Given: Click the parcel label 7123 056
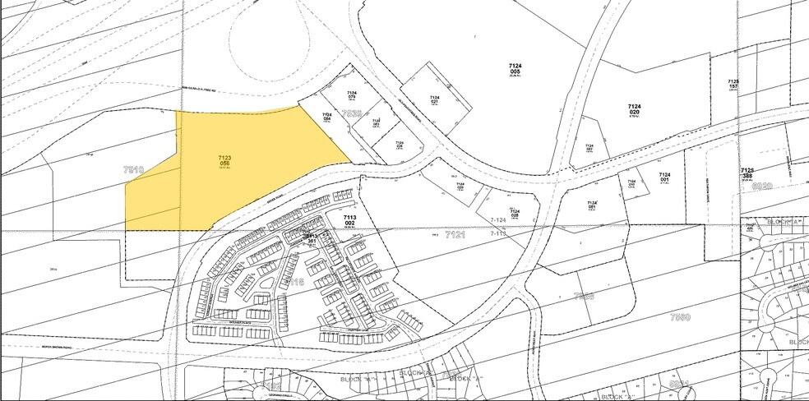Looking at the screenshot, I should point(224,161).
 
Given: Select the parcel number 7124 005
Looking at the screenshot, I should point(515,67).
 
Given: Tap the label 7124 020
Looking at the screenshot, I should point(634,110).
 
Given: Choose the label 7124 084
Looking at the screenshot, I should point(327,118).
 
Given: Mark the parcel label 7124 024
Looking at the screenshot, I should point(377,124).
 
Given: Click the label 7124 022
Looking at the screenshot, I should point(589,149).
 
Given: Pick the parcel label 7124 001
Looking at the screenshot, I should point(664,177).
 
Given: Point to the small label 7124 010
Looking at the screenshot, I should point(631,183).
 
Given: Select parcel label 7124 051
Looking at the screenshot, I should point(592,205).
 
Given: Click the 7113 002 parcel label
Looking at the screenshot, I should point(349,220).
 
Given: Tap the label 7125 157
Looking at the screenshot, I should point(733,85).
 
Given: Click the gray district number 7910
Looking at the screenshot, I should point(133,169).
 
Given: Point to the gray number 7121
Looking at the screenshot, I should point(455,236).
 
